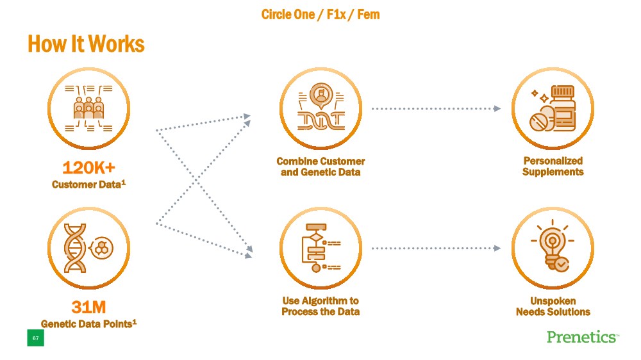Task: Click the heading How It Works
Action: (86, 44)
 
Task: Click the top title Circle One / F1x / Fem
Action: (320, 14)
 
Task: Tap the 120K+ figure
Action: (88, 168)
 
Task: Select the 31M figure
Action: (88, 307)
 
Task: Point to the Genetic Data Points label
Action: (88, 323)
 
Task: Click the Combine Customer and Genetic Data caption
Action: (320, 167)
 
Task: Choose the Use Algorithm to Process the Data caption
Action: (320, 306)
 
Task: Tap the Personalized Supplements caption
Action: (553, 167)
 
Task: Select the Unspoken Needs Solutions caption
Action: (553, 306)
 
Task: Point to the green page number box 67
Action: (35, 338)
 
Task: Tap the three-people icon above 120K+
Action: (88, 108)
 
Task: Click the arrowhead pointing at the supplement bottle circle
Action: (497, 109)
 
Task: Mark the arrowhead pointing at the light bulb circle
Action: (497, 248)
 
